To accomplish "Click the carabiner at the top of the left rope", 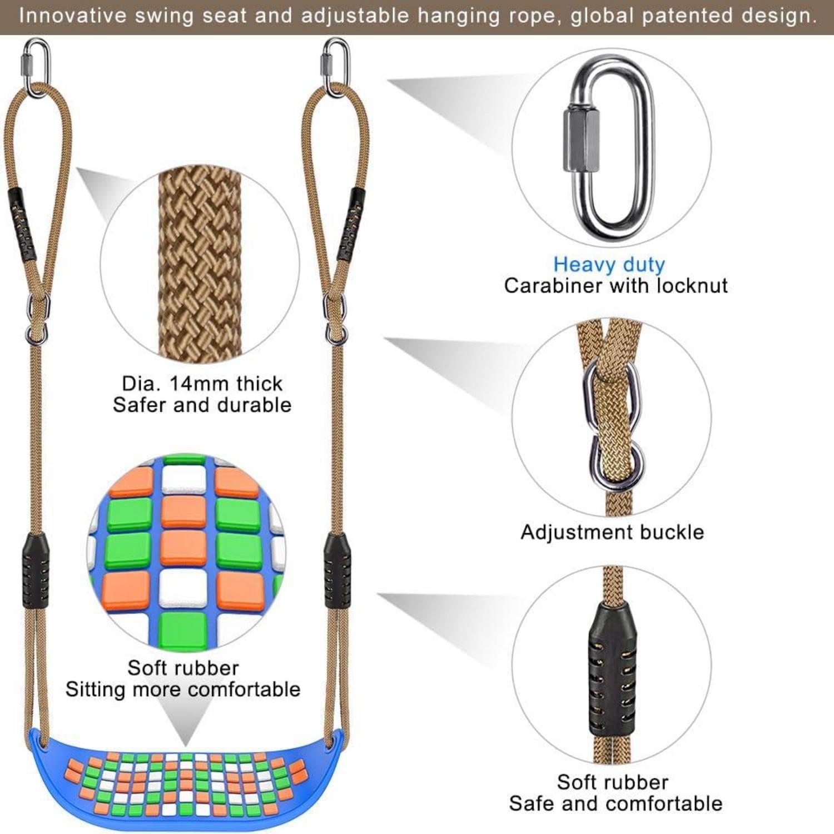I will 36,67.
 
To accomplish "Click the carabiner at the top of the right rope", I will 336,67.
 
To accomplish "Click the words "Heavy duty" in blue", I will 609,265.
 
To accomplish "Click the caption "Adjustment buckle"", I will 612,532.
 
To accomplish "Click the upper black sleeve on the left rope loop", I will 21,225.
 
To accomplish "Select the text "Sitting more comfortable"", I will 183,689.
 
